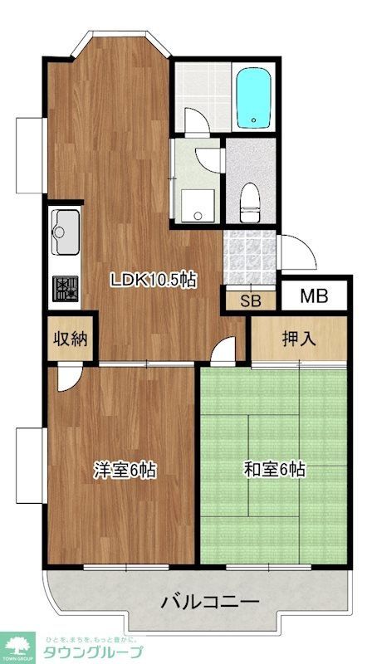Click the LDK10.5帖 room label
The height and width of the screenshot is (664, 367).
tap(154, 280)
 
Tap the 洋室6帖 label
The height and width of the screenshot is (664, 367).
tap(125, 470)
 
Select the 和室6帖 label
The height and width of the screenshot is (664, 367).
tap(274, 470)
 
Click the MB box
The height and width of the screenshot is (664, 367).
tap(313, 296)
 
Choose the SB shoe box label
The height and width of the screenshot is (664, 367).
tap(250, 300)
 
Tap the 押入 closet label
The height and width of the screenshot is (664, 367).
tap(300, 338)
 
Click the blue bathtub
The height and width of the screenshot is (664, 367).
tap(256, 98)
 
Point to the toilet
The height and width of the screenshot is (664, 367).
tap(250, 199)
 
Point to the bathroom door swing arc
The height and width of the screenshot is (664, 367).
tap(196, 124)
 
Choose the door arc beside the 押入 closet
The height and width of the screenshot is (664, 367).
tap(223, 352)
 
